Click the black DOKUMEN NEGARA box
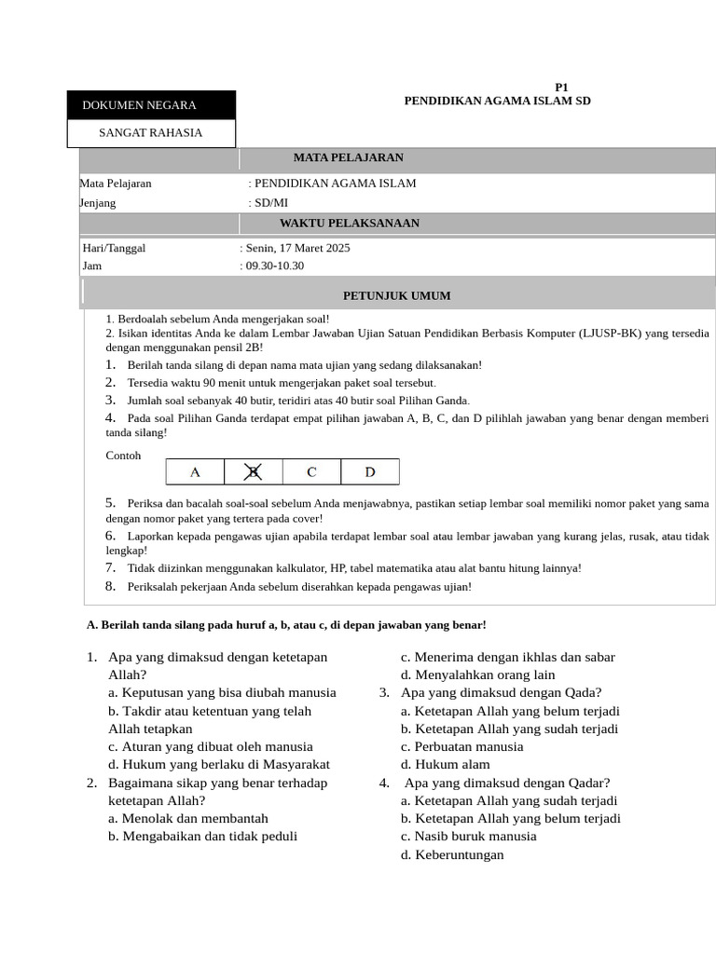151,105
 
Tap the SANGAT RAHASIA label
151,132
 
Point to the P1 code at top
561,87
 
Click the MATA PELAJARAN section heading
349,158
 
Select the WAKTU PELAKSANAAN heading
350,224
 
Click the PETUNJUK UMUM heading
397,296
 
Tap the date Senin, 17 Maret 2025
297,249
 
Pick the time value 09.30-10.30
275,266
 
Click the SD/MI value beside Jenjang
271,202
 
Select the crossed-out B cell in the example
253,472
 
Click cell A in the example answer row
195,472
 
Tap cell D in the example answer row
369,472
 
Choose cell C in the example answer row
311,472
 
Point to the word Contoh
123,456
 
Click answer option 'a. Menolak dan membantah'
188,818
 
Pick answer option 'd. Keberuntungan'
452,854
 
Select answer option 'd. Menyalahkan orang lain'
477,675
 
